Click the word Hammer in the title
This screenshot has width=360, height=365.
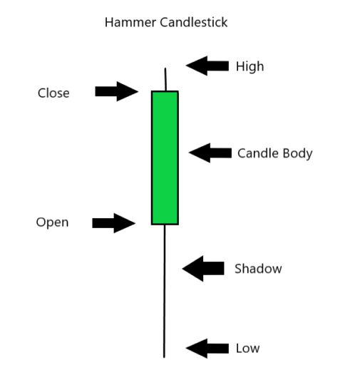[130, 22]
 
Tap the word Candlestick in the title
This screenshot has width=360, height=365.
[194, 22]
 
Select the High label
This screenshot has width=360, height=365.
[250, 66]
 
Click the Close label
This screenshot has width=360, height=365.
[53, 93]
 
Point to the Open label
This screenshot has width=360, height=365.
[52, 222]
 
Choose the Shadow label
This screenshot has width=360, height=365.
[258, 269]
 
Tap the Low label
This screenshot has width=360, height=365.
[247, 349]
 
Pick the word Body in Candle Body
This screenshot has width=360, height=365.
[298, 154]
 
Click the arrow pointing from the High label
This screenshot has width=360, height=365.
[207, 66]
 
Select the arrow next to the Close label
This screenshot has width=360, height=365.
[117, 91]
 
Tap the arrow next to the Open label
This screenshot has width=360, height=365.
[114, 223]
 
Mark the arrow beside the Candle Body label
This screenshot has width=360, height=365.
[210, 153]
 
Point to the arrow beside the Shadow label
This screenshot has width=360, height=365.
[203, 269]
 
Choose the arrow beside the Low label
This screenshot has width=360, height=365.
[207, 349]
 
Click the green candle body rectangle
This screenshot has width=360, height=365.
[165, 158]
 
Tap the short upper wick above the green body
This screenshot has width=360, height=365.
[165, 79]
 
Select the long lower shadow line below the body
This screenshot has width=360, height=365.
[164, 291]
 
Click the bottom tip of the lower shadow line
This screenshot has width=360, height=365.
[164, 357]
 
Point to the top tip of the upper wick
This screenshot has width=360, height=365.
[165, 68]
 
